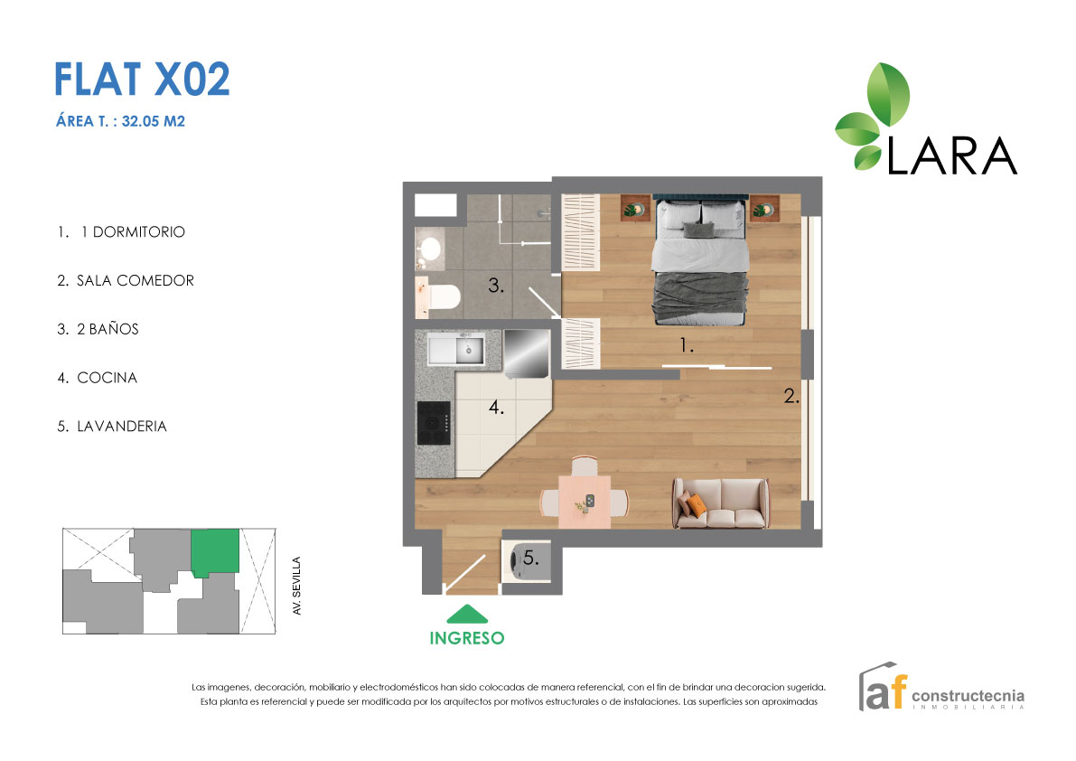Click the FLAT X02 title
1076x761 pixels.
pos(142,80)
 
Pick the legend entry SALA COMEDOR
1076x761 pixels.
pos(126,281)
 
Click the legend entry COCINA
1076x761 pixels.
pos(98,378)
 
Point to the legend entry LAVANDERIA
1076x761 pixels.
pos(112,427)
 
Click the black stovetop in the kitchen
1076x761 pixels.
pos(433,421)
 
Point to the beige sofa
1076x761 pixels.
pos(720,503)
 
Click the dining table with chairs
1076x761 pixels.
pos(584,500)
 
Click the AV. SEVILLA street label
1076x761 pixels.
pos(295,587)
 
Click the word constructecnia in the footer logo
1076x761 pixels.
pos(968,696)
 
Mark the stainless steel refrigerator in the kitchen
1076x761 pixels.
pos(524,353)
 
